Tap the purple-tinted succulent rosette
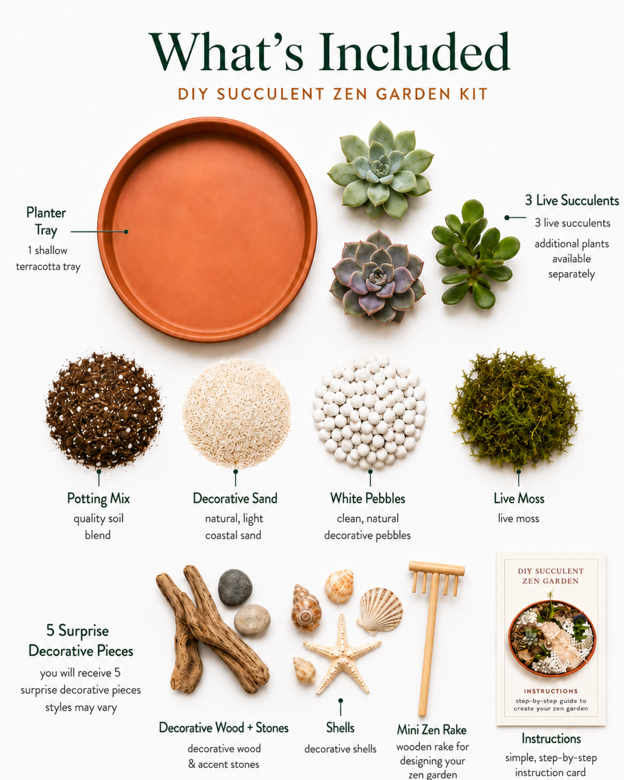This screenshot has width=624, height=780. (x=378, y=278)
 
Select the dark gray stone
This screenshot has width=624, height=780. (x=235, y=587)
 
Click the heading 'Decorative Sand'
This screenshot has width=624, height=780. (x=235, y=498)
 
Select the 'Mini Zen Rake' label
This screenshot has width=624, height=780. (x=431, y=729)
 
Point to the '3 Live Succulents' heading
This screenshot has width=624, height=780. (x=572, y=200)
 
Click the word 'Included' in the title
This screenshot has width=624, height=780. (x=414, y=52)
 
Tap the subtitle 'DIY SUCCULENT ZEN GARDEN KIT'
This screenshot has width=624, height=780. (x=333, y=94)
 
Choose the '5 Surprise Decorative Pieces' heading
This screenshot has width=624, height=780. (x=81, y=640)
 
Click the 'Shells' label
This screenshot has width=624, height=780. (x=340, y=728)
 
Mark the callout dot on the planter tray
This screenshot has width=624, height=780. (x=126, y=231)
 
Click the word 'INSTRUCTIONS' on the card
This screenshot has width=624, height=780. (x=551, y=691)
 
